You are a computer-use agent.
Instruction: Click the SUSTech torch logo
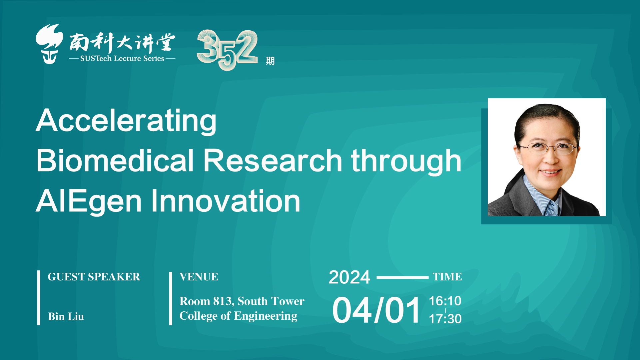(x=49, y=44)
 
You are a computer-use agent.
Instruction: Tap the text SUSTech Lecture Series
(x=122, y=59)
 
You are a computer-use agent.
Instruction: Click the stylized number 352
(x=227, y=49)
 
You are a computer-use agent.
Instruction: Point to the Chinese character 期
(x=270, y=61)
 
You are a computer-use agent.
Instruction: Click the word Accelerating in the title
(x=126, y=121)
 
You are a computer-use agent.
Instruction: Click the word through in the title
(x=406, y=162)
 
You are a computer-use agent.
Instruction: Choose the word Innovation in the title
(x=226, y=201)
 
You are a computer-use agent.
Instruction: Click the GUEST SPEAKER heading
(x=94, y=277)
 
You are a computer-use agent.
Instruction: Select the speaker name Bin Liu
(x=66, y=316)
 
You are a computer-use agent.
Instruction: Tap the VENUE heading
(x=199, y=277)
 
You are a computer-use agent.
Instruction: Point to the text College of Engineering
(x=238, y=316)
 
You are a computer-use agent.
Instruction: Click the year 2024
(x=349, y=277)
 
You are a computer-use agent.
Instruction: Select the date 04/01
(x=376, y=310)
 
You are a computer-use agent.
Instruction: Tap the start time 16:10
(x=445, y=301)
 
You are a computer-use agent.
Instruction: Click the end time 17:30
(x=445, y=319)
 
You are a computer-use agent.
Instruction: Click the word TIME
(x=447, y=277)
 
